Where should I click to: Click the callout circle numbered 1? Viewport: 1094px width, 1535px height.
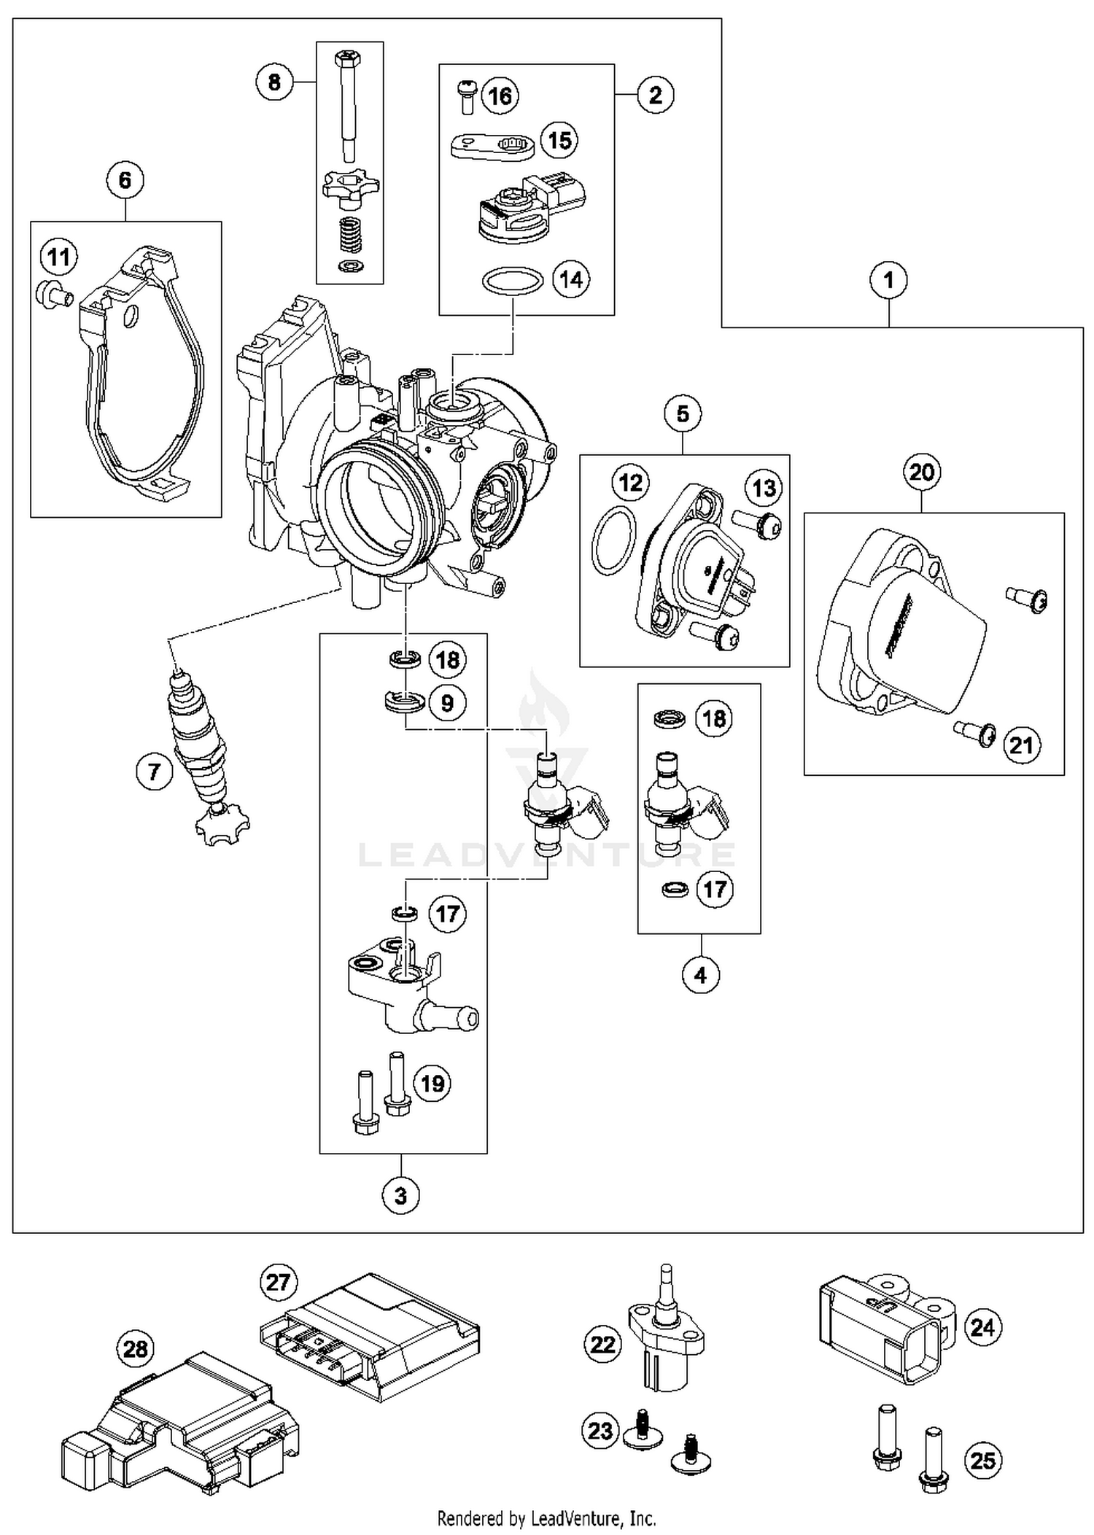tap(888, 280)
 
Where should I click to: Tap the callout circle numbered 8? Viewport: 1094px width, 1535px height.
tap(274, 82)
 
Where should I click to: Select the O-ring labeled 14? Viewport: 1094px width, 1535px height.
tap(512, 280)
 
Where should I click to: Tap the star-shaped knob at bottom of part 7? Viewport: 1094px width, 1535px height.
tap(221, 825)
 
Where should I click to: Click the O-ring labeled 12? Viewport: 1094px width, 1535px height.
tap(613, 540)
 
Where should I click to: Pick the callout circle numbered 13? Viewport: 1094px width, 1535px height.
tap(764, 487)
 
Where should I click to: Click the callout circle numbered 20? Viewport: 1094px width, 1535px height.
tap(921, 473)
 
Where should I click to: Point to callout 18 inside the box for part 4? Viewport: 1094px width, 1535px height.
tap(713, 718)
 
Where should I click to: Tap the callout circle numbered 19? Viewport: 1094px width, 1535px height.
tap(432, 1083)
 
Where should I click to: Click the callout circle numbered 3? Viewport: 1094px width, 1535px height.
tap(400, 1196)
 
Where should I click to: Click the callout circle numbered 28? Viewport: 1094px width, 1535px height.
tap(136, 1349)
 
